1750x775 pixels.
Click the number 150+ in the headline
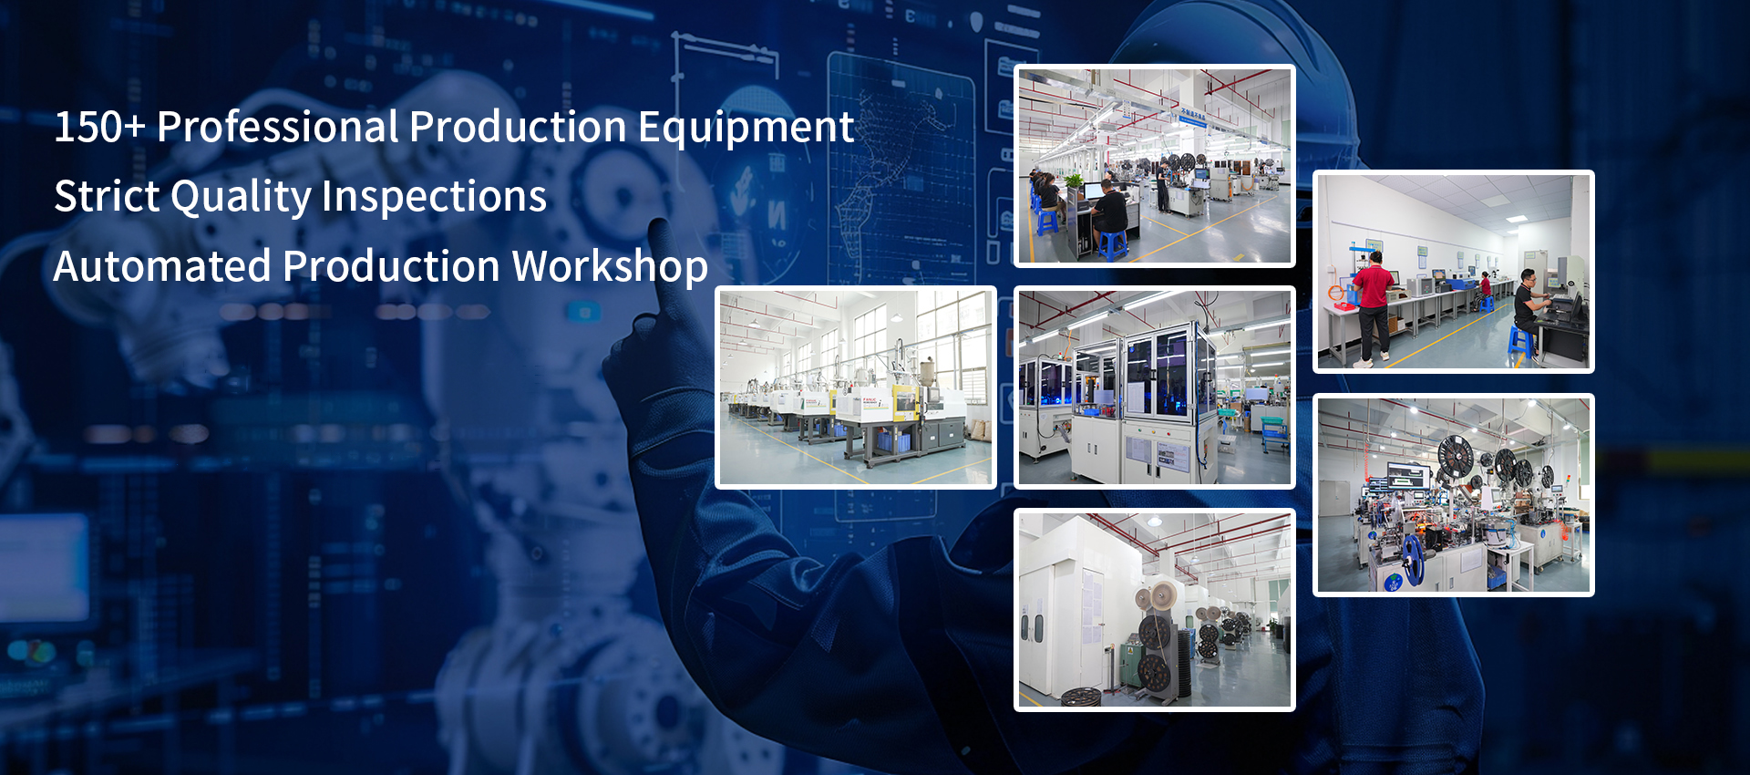click(x=99, y=126)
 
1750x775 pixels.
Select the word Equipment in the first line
click(x=746, y=128)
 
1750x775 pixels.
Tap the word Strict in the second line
click(x=107, y=196)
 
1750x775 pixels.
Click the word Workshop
click(x=610, y=266)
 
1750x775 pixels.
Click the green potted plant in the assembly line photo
click(x=1075, y=183)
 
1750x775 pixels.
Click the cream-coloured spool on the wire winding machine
click(x=1161, y=596)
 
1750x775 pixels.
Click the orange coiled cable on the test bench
click(x=1337, y=294)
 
